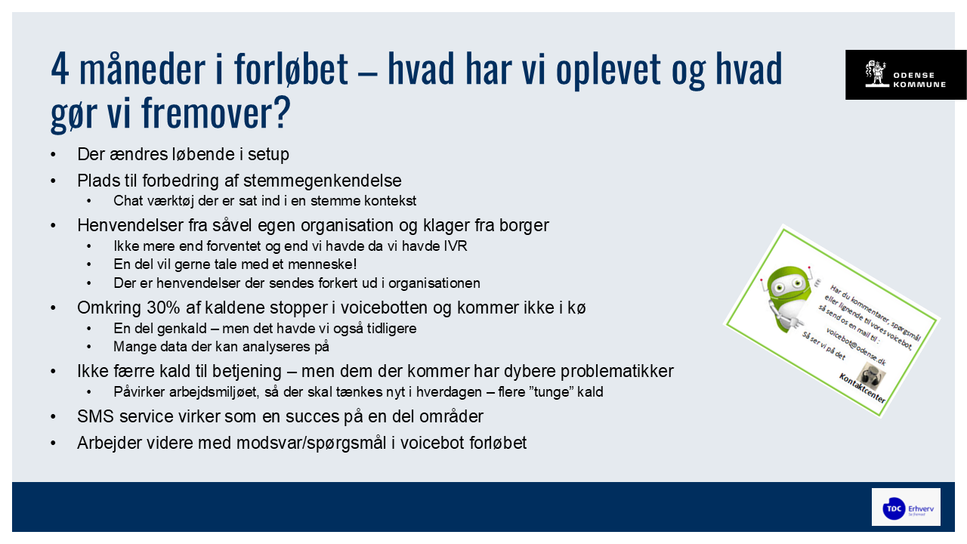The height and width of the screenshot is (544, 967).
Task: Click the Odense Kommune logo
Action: pyautogui.click(x=905, y=75)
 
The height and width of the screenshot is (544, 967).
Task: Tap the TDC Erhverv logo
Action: pyautogui.click(x=906, y=507)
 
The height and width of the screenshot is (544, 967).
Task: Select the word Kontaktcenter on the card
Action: pyautogui.click(x=862, y=391)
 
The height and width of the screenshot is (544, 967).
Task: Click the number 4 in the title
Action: pyautogui.click(x=59, y=71)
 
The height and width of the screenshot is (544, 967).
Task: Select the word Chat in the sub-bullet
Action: pyautogui.click(x=128, y=201)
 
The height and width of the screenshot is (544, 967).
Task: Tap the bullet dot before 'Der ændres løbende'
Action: pyautogui.click(x=54, y=155)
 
